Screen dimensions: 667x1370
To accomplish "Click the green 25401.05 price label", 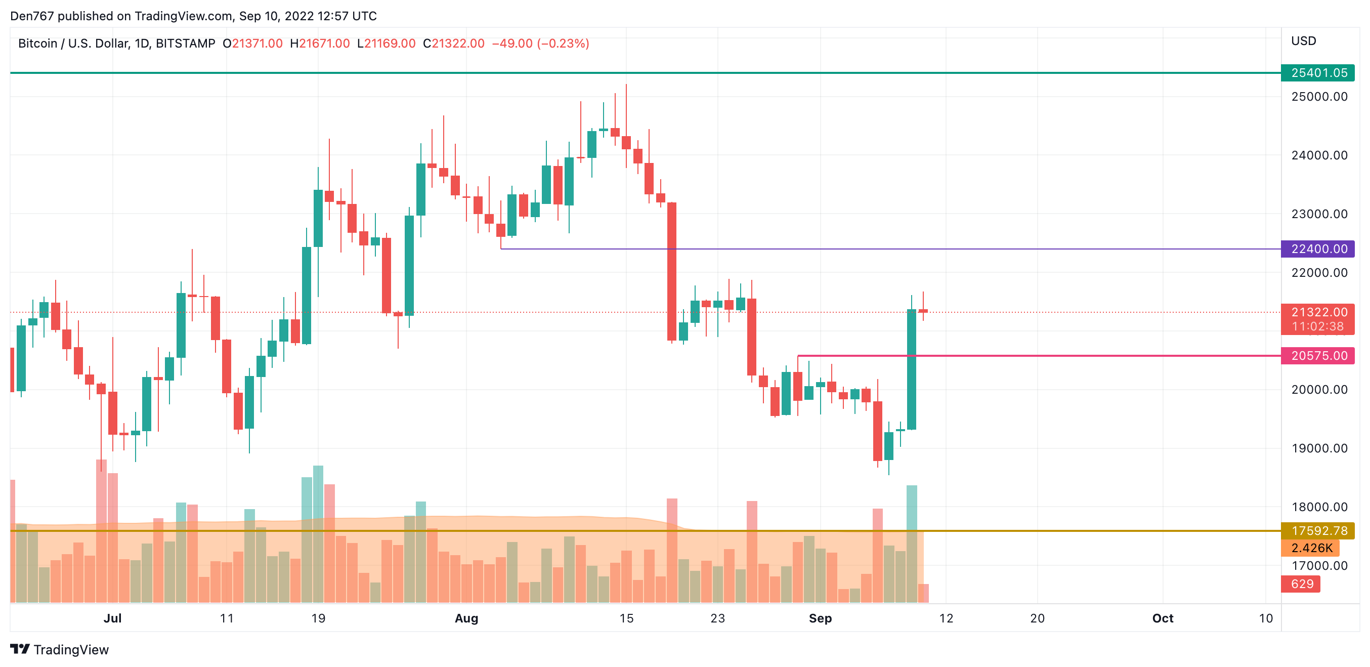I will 1318,73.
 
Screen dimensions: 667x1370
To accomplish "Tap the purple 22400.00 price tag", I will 1318,249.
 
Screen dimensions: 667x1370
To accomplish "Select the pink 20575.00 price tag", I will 1318,356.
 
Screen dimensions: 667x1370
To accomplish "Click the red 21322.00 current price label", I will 1318,312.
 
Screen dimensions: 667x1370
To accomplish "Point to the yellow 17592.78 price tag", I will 1318,531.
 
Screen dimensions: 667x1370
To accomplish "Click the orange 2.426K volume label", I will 1310,548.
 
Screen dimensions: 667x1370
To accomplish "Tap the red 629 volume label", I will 1301,584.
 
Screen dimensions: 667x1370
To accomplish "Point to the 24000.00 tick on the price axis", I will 1319,155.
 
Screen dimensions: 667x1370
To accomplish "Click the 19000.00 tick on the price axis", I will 1319,448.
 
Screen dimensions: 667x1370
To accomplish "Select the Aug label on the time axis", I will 466,618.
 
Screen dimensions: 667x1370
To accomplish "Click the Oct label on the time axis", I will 1163,618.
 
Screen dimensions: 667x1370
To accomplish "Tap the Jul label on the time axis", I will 112,618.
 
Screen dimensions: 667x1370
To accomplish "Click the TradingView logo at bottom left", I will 60,649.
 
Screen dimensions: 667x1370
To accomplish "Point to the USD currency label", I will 1304,41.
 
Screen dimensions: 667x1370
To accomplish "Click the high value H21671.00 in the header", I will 320,44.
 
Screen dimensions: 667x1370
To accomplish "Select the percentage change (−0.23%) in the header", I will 563,44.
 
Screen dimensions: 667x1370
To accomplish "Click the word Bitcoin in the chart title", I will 37,44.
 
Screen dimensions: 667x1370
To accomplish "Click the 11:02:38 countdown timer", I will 1318,326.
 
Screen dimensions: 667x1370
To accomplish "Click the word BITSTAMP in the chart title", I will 186,44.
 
